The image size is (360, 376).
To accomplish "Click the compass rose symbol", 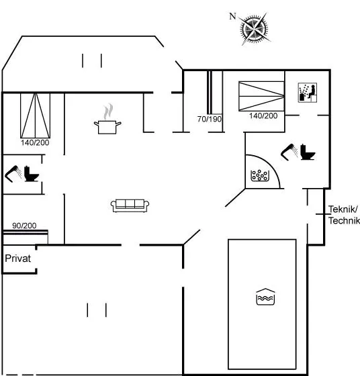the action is pos(255,29).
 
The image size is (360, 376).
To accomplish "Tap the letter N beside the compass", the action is pos(232,16).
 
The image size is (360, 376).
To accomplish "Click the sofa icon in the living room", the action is pos(130,205).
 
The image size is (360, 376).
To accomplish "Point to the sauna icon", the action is pos(307,93).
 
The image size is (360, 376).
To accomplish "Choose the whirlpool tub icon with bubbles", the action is pos(260,175).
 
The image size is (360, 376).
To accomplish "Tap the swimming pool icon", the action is pos(265,297).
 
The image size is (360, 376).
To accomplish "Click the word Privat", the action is pos(18,258).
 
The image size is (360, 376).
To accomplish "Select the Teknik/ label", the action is pos(343,209).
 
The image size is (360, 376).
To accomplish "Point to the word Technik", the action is pos(344,221).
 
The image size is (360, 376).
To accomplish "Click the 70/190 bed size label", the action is pos(210,119).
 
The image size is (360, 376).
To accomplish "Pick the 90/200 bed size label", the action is pos(24,226).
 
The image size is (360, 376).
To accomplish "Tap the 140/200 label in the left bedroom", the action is pos(35,142).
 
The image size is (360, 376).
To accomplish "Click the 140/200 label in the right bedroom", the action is pos(263,115).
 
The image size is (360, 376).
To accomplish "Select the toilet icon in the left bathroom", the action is pos(31,174).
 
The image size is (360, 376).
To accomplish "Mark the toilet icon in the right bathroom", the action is pos(308,152).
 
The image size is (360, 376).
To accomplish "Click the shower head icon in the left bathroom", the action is pos(13,174).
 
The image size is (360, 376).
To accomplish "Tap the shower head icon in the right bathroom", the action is pos(289,152).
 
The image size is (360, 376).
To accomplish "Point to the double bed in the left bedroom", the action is pos(35,115).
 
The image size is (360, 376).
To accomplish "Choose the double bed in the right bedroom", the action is pos(261,96).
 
